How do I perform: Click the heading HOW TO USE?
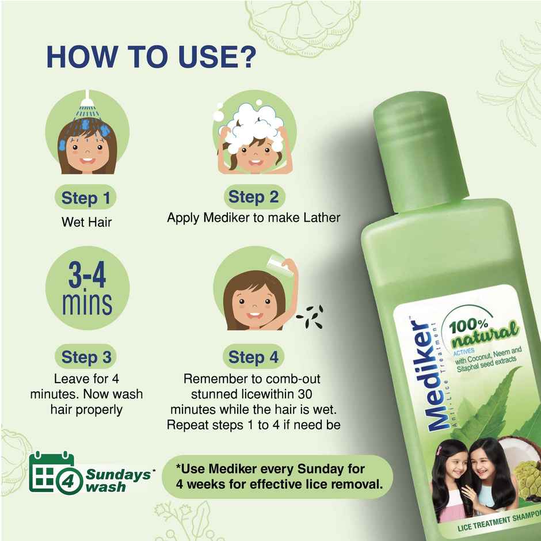point(151,58)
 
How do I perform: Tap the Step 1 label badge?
point(86,199)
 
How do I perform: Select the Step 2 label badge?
point(253,197)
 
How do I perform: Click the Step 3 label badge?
point(86,357)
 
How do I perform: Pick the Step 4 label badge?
point(253,357)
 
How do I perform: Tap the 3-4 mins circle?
point(87,288)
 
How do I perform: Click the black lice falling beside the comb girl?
point(311,317)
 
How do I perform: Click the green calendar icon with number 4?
point(52,472)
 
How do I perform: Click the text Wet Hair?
point(86,222)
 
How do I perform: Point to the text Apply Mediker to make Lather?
point(253,218)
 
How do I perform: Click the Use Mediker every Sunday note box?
point(277,477)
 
